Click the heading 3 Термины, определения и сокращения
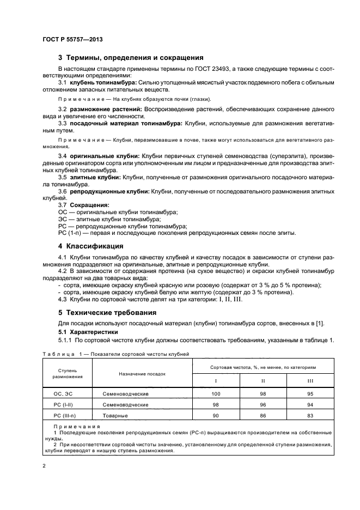click(x=131, y=57)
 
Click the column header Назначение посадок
click(x=142, y=374)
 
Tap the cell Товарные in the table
click(x=114, y=416)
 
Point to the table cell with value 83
click(x=310, y=416)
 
